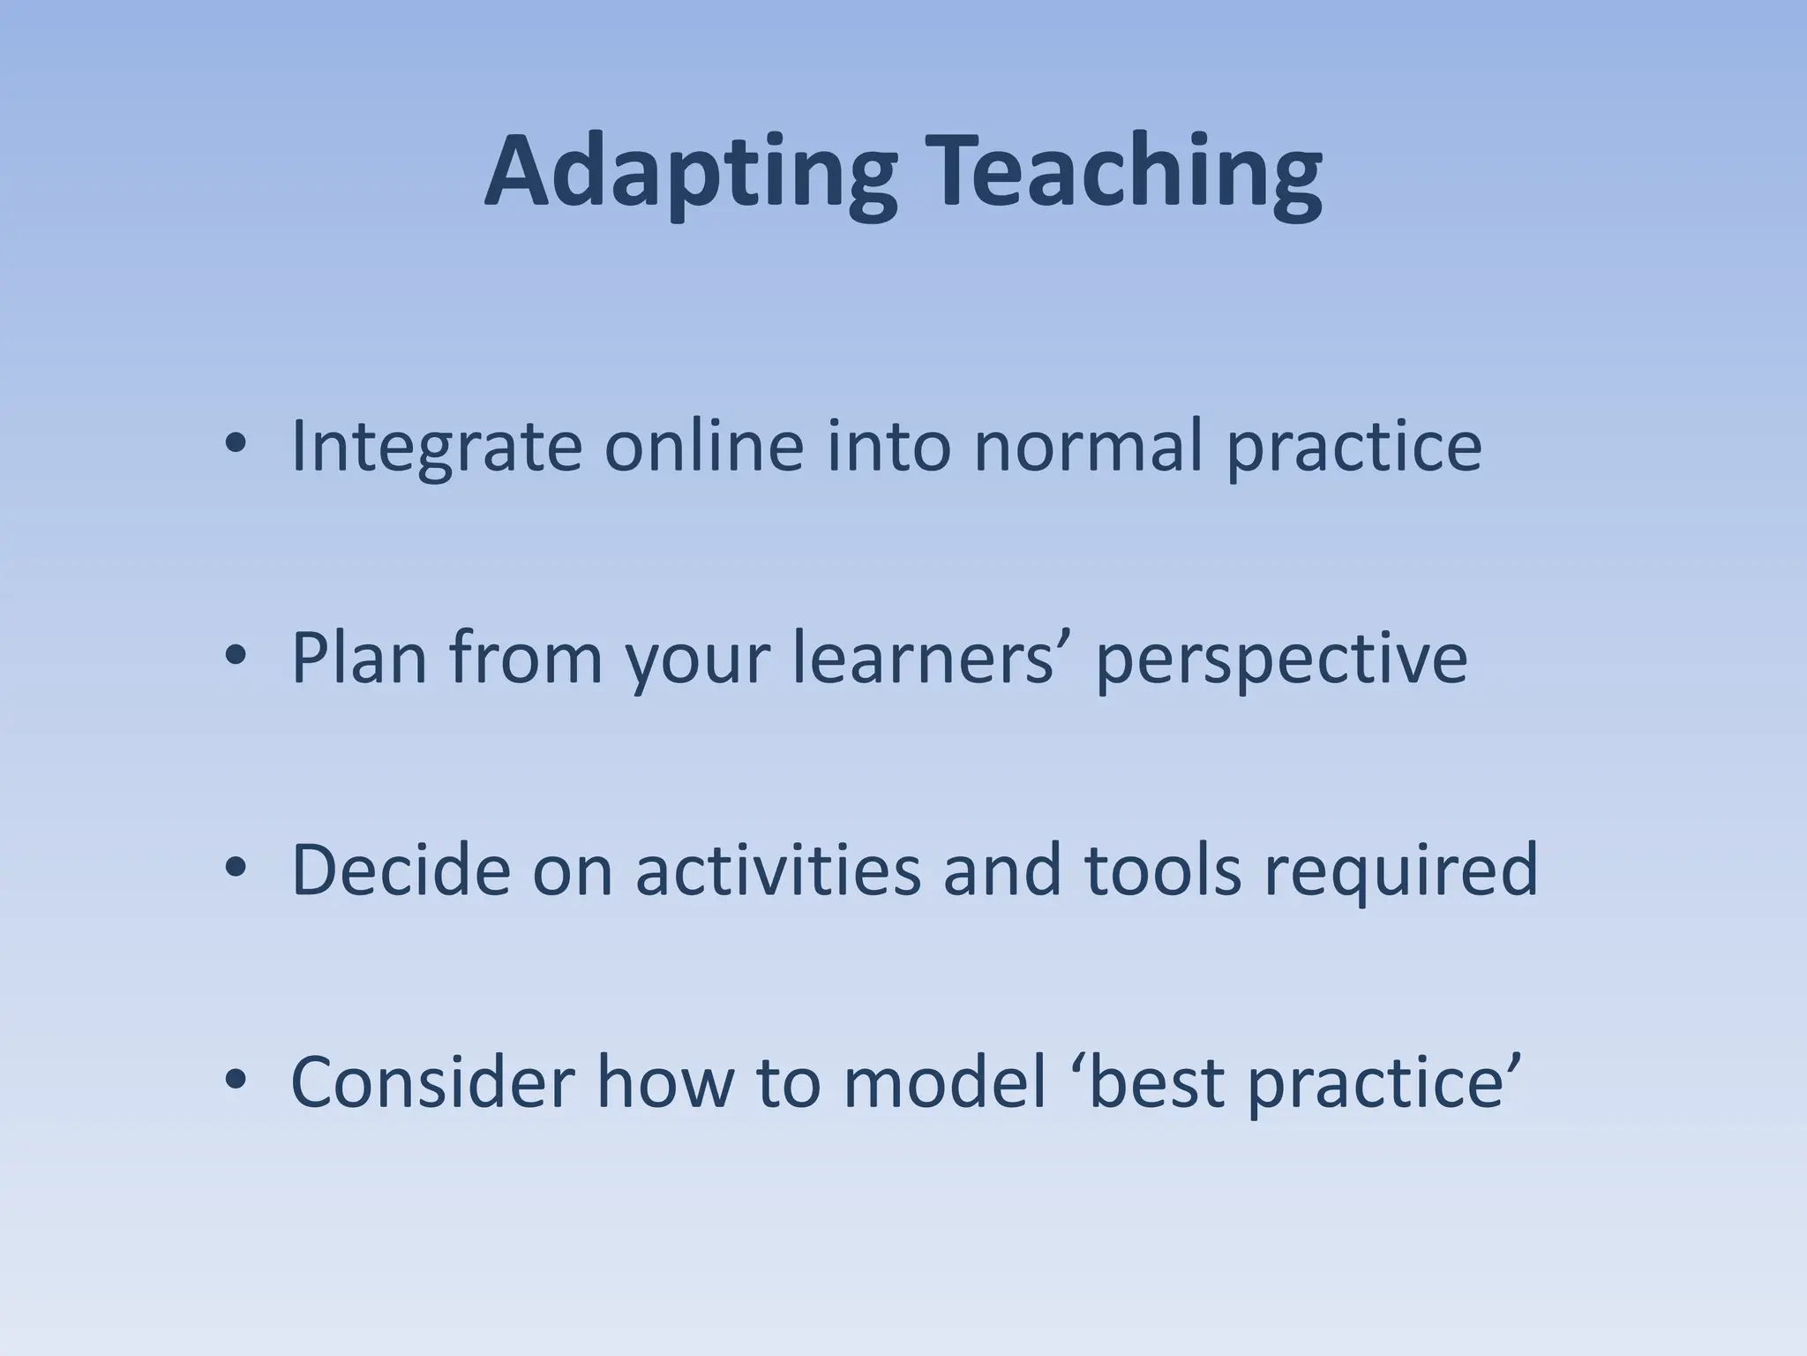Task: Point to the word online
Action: (703, 446)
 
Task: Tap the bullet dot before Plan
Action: (235, 658)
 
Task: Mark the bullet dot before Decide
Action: (235, 870)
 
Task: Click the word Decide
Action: (401, 870)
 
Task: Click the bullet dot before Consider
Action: (235, 1081)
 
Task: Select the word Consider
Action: (432, 1081)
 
